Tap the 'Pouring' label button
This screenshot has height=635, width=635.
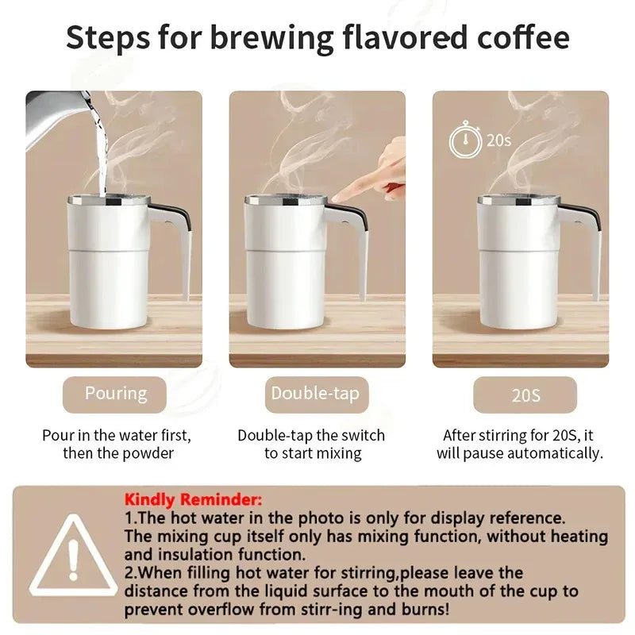tap(116, 394)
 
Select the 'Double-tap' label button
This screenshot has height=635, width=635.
tap(315, 394)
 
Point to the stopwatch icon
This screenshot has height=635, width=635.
tap(465, 141)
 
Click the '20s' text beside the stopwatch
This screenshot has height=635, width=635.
tap(498, 140)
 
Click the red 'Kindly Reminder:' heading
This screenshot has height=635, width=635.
tap(192, 500)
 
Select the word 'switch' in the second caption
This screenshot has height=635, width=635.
tap(361, 436)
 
